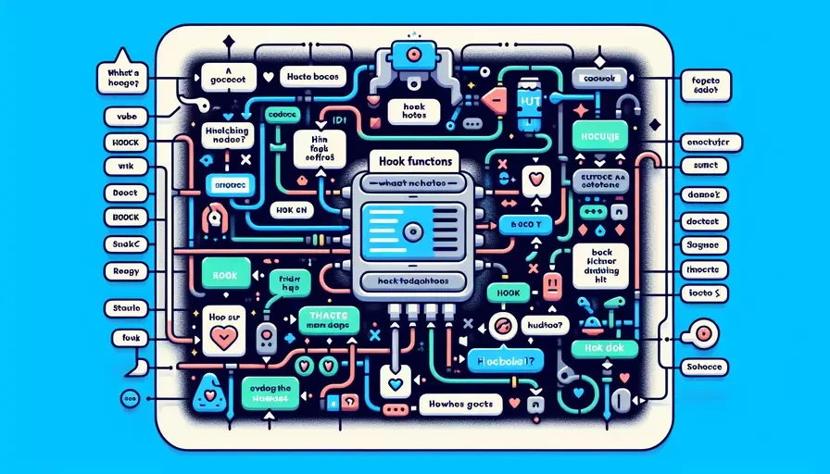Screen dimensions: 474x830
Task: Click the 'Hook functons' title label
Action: [415, 160]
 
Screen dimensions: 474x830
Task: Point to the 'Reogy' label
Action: [120, 271]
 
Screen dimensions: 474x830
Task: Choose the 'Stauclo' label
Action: [121, 306]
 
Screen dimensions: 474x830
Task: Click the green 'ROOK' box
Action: [226, 276]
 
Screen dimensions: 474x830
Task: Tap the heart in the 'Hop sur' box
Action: [223, 338]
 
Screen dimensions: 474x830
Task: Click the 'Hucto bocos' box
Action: [312, 77]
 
